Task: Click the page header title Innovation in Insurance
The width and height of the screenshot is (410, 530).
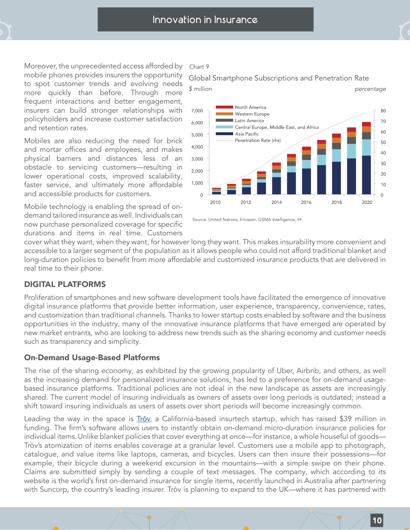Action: tap(205, 19)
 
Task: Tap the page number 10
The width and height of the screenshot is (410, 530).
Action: tap(377, 520)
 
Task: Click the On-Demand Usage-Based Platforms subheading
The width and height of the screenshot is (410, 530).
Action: tap(86, 357)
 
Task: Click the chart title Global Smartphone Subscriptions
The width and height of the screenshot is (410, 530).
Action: tap(278, 78)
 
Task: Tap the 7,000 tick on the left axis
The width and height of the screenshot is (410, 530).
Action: tap(197, 111)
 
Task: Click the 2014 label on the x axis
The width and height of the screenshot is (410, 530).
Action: tap(276, 202)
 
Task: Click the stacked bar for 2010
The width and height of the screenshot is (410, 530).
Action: tap(217, 192)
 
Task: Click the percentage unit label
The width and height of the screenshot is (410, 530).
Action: tap(370, 89)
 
